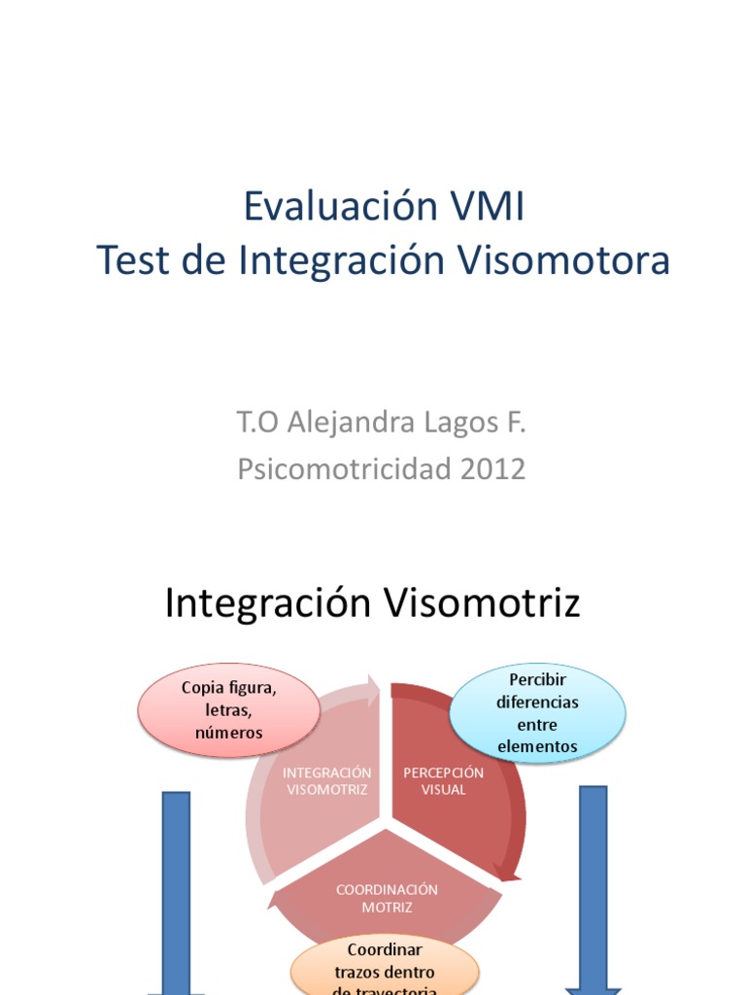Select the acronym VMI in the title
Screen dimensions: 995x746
[x=488, y=206]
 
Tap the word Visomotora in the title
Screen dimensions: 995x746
[x=564, y=260]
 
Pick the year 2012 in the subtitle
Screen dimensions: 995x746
[x=492, y=469]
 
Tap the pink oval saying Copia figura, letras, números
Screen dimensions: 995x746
[x=229, y=710]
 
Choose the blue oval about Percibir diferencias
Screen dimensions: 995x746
[x=536, y=712]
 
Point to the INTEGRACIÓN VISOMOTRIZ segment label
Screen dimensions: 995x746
[x=327, y=781]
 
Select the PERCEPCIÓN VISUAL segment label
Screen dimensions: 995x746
[x=443, y=781]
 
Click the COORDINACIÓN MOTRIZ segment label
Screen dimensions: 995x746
[x=387, y=898]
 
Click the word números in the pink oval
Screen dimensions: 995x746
[x=229, y=733]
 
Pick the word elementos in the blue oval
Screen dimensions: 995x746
[x=536, y=746]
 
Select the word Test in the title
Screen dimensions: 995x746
[x=133, y=260]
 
